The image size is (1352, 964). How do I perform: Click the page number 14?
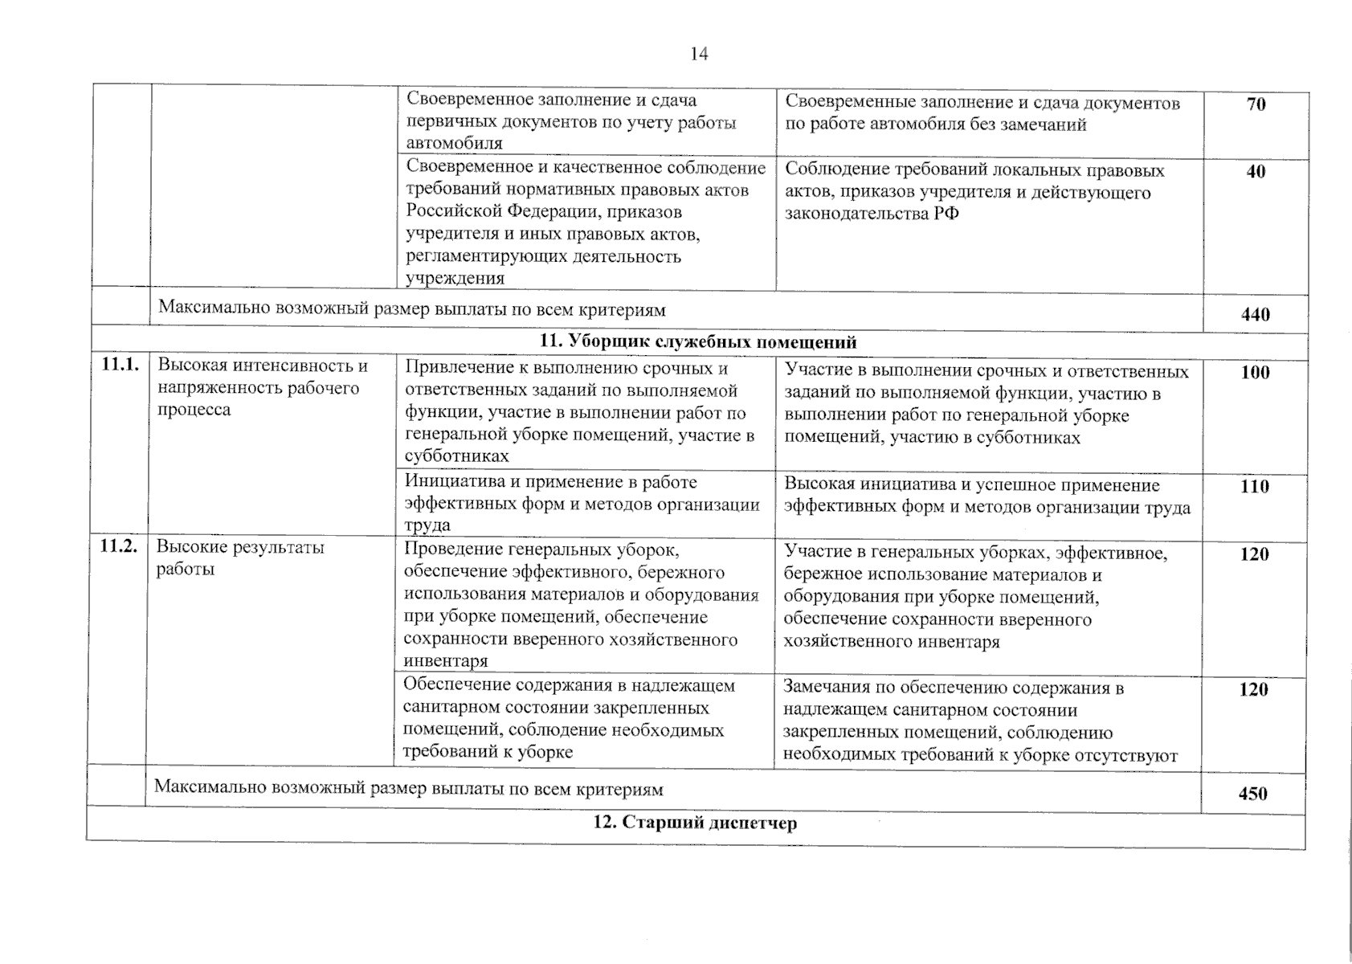tap(698, 54)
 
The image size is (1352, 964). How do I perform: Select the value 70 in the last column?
tap(1256, 104)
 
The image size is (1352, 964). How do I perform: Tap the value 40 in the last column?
tap(1256, 172)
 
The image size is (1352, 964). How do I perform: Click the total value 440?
tap(1256, 315)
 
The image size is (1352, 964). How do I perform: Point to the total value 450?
tap(1252, 794)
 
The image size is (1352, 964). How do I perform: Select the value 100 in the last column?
tap(1255, 373)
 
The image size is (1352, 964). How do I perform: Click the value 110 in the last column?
tap(1254, 487)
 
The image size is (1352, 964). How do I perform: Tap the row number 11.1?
tap(120, 366)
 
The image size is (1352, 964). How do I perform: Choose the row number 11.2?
tap(118, 548)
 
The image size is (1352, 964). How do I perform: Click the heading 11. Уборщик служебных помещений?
tap(697, 342)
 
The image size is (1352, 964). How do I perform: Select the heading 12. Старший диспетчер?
tap(695, 823)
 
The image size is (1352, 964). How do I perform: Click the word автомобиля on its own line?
tap(455, 144)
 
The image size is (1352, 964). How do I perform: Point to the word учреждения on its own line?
tap(455, 279)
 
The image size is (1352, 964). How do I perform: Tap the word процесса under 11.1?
tap(194, 410)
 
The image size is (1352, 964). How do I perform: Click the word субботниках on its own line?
tap(456, 456)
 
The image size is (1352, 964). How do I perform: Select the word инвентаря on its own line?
tap(446, 661)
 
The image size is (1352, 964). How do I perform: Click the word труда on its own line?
tap(427, 525)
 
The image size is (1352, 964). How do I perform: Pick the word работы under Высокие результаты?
tap(185, 570)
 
